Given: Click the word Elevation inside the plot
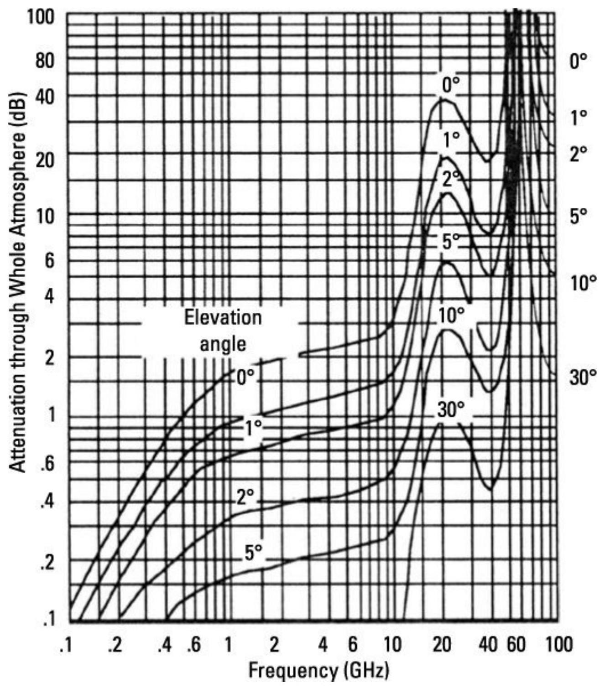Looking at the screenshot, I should click(x=223, y=317).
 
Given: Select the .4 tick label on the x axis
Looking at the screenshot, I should click(x=165, y=645).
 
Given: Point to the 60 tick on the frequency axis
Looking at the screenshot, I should click(x=517, y=645).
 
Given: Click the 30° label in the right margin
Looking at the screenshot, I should click(x=583, y=378).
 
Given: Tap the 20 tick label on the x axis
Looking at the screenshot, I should click(x=441, y=645).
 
